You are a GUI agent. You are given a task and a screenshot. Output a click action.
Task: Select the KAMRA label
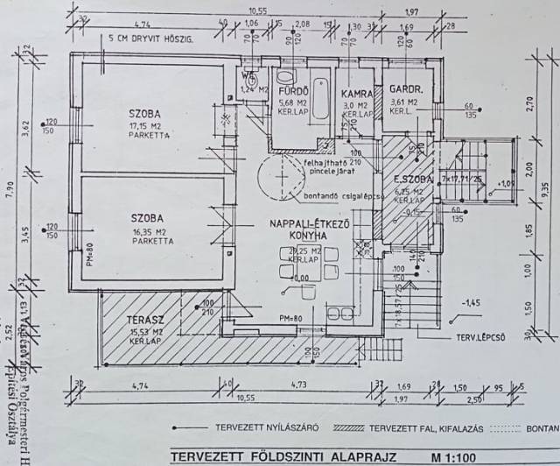coord(358,91)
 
